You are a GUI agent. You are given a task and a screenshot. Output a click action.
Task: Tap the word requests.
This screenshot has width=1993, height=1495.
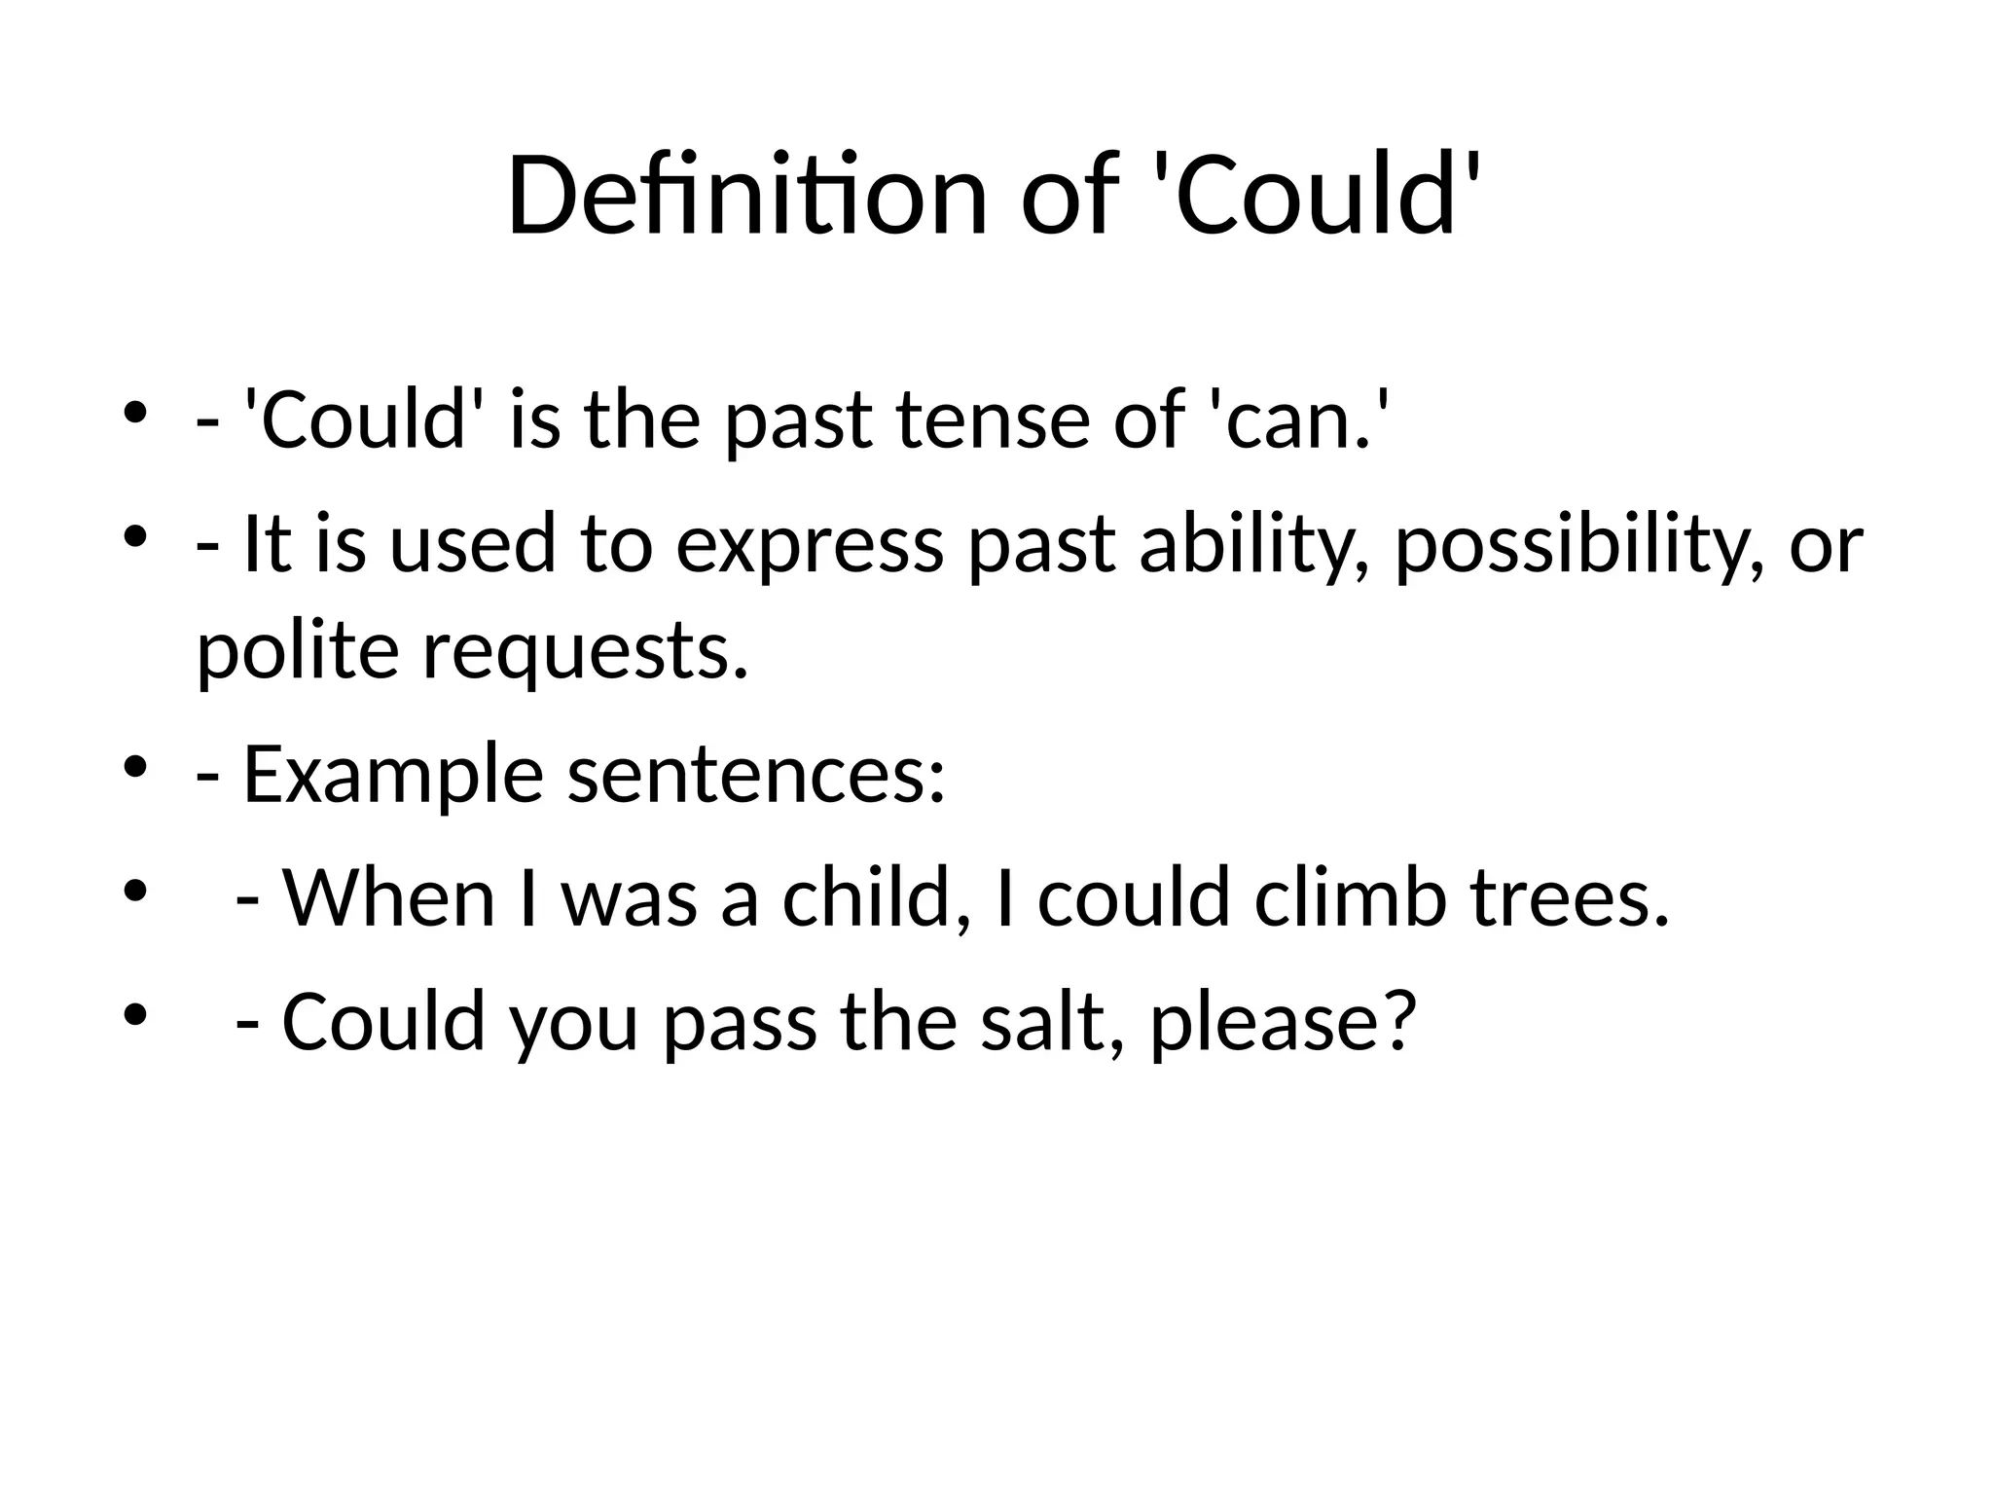[x=586, y=654]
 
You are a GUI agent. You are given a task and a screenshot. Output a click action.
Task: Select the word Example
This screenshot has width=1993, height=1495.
[x=392, y=776]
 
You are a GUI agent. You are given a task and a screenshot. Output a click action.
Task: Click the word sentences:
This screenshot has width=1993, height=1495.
[x=756, y=776]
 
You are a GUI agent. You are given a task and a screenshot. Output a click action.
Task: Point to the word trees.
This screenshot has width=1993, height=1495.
[x=1570, y=897]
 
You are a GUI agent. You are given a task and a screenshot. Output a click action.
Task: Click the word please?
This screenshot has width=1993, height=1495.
[x=1282, y=1024]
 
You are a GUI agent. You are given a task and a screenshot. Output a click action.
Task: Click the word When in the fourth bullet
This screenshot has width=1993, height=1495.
[x=388, y=897]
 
